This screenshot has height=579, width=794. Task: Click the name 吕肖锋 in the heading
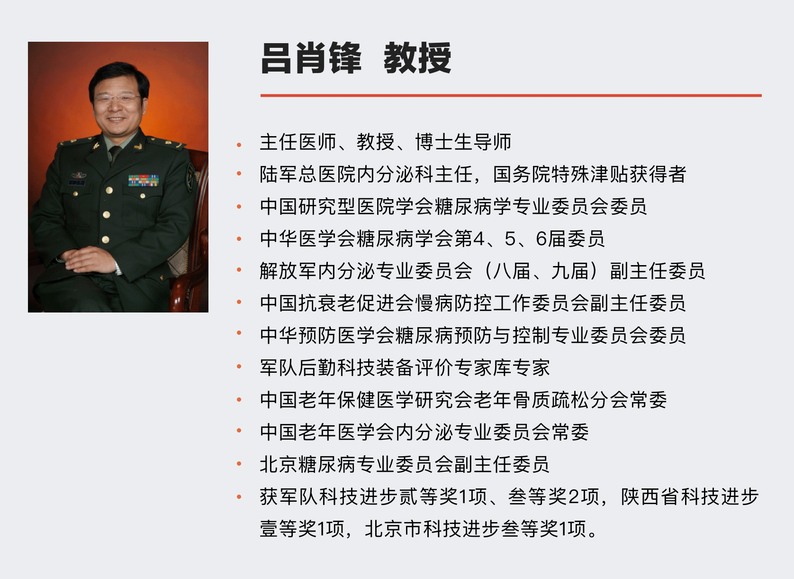click(311, 58)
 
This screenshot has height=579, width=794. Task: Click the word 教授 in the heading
click(417, 58)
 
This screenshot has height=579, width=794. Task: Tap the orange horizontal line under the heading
click(511, 95)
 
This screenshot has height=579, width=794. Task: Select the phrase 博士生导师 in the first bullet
click(463, 142)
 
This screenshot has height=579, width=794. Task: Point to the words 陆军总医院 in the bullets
click(307, 174)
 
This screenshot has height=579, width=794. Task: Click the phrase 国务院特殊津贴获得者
click(589, 174)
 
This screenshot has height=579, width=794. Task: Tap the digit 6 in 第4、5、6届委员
click(541, 239)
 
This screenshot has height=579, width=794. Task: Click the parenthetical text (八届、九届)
click(542, 271)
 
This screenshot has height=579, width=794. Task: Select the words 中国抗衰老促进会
click(337, 303)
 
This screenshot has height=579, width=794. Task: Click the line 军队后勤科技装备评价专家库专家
click(405, 368)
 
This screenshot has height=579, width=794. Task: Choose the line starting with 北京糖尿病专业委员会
click(405, 464)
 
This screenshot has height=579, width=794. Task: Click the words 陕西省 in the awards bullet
click(650, 496)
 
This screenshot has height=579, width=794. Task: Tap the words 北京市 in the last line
click(394, 529)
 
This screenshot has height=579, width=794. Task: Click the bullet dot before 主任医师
click(239, 145)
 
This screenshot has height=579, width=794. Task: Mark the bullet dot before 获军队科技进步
click(239, 497)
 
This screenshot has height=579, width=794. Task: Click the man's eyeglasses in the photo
click(116, 98)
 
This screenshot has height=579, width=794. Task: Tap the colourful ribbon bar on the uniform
click(143, 180)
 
